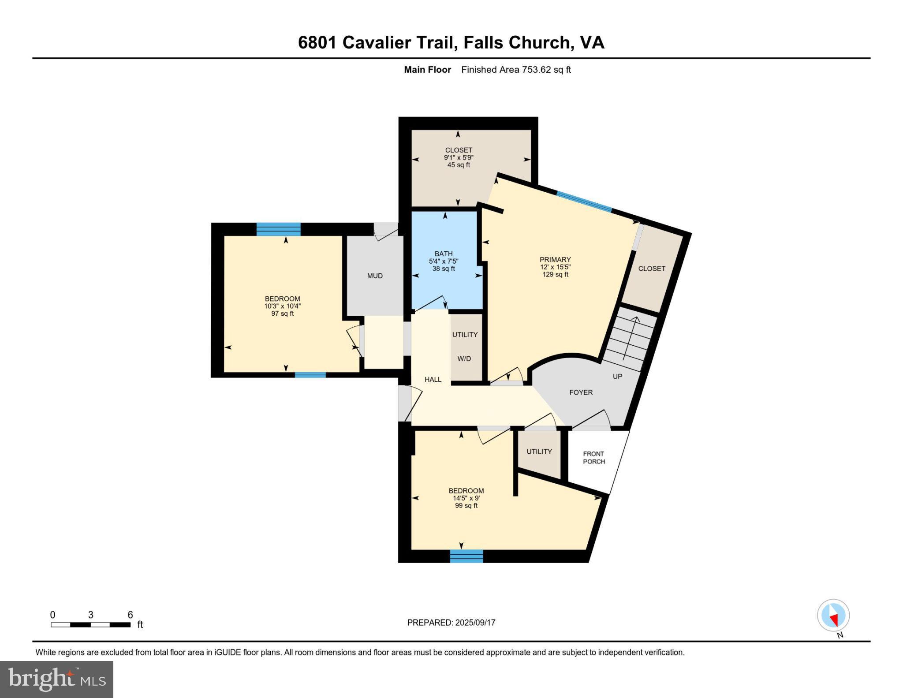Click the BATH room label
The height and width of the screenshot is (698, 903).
[443, 254]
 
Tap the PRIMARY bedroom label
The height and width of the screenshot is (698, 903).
[555, 260]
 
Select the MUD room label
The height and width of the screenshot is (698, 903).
[375, 276]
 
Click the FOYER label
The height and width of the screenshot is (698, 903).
[581, 392]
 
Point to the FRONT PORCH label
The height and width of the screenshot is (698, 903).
[593, 458]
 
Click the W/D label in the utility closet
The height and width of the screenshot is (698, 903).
[464, 358]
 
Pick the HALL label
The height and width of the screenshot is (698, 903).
[433, 379]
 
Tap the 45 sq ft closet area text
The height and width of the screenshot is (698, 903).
[459, 165]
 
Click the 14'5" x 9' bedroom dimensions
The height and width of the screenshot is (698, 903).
[466, 498]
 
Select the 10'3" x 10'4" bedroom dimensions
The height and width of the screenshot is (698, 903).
[282, 306]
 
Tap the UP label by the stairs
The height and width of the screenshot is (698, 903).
[617, 377]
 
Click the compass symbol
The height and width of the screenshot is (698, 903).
[833, 616]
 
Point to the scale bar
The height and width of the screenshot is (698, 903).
[90, 624]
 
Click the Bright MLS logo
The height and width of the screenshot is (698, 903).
[56, 679]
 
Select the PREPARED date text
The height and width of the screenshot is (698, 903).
[451, 623]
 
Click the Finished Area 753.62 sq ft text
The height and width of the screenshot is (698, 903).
[516, 70]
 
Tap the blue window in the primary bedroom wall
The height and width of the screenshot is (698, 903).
[584, 202]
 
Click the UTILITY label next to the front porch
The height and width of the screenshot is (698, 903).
[539, 452]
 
